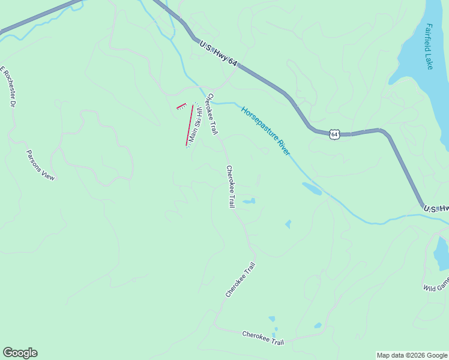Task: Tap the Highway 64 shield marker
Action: tap(335, 134)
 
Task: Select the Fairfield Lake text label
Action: tap(429, 46)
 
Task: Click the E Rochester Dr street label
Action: tap(7, 86)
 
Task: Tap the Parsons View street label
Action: tap(41, 165)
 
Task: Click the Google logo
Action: tap(20, 353)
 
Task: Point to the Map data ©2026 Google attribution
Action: tap(412, 355)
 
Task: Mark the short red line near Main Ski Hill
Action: tap(181, 106)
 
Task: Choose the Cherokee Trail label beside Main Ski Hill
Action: tap(211, 114)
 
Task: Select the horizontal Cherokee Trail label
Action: tap(262, 338)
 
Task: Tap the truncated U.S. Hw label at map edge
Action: tap(436, 208)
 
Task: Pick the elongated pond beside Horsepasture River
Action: tap(312, 188)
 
